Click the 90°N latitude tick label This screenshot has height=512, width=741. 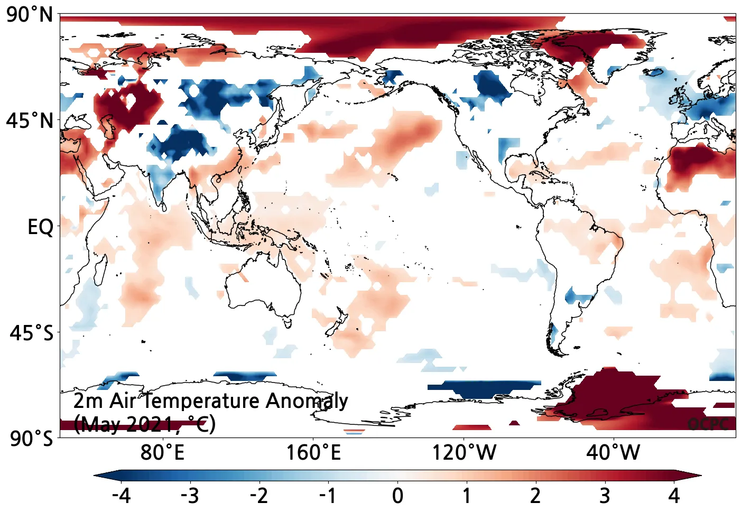30,15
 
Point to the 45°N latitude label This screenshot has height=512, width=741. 30,121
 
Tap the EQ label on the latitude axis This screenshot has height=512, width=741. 40,227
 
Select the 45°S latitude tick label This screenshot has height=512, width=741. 31,333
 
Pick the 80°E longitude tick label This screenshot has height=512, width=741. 162,453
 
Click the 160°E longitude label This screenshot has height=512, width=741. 313,453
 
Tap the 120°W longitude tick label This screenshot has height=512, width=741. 464,453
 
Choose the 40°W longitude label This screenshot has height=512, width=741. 613,453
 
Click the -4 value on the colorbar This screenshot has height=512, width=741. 121,496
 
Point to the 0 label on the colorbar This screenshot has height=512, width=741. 397,496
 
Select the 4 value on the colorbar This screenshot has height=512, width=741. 673,496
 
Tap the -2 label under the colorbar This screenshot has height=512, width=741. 259,496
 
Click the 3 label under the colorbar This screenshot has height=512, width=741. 605,496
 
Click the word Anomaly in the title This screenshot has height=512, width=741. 307,401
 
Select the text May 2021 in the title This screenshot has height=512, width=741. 127,424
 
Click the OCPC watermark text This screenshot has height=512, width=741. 708,424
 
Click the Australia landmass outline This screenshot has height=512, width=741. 264,285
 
